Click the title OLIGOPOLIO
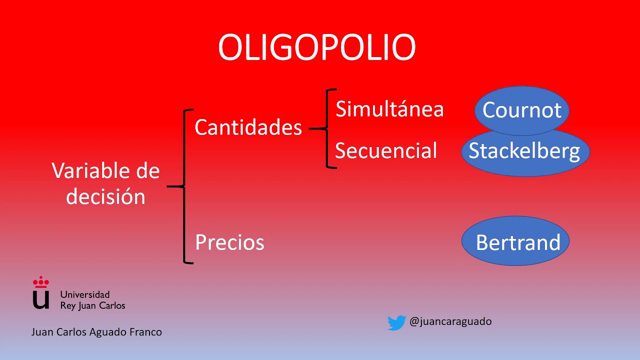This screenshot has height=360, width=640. (x=317, y=48)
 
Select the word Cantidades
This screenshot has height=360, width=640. (x=248, y=127)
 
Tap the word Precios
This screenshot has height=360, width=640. (x=229, y=242)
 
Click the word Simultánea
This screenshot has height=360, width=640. (x=389, y=109)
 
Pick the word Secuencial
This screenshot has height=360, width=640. (x=386, y=150)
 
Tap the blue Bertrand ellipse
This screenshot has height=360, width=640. (x=515, y=242)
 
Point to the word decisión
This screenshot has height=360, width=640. (x=105, y=197)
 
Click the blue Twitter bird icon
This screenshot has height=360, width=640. (x=396, y=322)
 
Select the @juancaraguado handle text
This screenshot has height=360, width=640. (x=450, y=321)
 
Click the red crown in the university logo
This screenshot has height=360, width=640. (x=41, y=282)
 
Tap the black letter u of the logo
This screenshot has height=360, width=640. (x=41, y=299)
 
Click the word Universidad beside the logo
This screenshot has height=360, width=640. (x=84, y=294)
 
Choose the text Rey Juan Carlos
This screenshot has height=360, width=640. (x=92, y=305)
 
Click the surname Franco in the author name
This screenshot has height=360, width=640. (x=145, y=332)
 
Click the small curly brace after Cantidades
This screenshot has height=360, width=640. (x=327, y=128)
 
